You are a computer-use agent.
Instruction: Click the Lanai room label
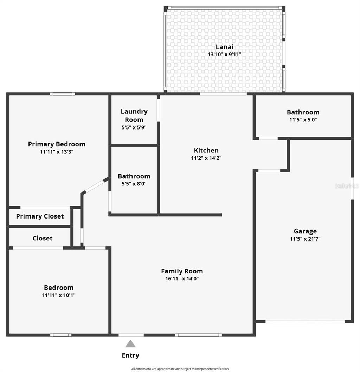[x=224, y=47]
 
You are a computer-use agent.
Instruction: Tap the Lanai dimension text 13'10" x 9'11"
[x=224, y=55]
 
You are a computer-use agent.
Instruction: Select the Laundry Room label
[x=134, y=115]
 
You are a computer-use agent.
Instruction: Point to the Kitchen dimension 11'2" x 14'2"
[x=206, y=158]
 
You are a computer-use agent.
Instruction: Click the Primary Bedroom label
[x=57, y=144]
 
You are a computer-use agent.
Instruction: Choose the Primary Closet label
[x=40, y=216]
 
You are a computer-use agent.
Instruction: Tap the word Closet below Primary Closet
[x=43, y=238]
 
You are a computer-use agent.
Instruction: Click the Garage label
[x=305, y=231]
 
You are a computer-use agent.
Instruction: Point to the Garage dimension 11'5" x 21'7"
[x=305, y=239]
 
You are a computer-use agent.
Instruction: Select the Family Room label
[x=182, y=271]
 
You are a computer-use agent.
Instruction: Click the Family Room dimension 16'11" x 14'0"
[x=182, y=279]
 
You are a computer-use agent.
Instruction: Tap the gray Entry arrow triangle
[x=130, y=344]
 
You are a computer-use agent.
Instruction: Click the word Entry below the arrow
[x=130, y=355]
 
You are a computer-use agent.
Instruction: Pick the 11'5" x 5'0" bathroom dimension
[x=303, y=120]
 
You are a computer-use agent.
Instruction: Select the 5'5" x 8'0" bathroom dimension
[x=134, y=184]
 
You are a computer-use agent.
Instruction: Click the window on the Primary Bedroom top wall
[x=62, y=94]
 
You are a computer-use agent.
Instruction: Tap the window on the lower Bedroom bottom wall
[x=60, y=335]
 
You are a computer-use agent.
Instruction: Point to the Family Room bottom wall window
[x=199, y=335]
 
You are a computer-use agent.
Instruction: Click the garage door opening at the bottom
[x=305, y=321]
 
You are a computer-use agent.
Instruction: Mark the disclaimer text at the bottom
[x=180, y=369]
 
